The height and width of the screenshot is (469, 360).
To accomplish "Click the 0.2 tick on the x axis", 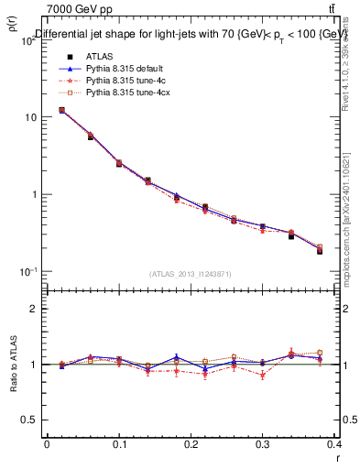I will tap(191, 444).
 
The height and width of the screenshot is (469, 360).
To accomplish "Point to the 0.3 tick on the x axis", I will tap(264, 444).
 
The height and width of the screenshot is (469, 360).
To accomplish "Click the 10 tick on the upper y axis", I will tap(33, 117).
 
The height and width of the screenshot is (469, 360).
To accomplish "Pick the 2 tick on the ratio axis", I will tap(34, 309).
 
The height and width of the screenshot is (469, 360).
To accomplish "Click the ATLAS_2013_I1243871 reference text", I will tap(191, 274).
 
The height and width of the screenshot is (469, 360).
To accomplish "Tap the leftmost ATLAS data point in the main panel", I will tap(61, 110).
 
